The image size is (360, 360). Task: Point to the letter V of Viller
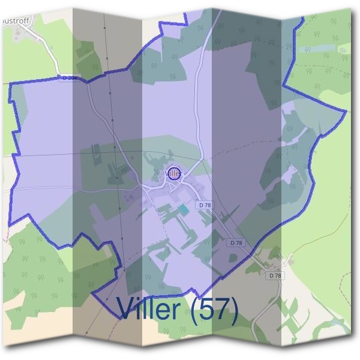pyautogui.click(x=127, y=309)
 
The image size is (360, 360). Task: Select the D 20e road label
pyautogui.click(x=70, y=78)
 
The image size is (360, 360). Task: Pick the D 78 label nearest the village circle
pyautogui.click(x=205, y=205)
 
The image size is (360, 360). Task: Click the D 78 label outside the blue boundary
pyautogui.click(x=275, y=275)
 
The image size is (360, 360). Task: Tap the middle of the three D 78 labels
pyautogui.click(x=236, y=243)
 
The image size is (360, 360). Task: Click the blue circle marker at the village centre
pyautogui.click(x=174, y=173)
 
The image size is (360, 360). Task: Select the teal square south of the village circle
pyautogui.click(x=182, y=209)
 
